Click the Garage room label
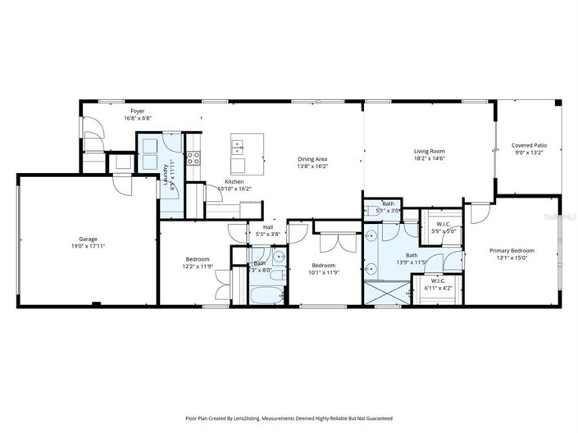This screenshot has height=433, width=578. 88,239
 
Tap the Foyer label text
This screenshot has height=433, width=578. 137,110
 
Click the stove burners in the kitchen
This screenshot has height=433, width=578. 194,157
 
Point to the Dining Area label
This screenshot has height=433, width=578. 312,159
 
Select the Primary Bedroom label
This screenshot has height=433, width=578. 512,251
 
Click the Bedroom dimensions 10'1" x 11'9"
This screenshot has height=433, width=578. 323,274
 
